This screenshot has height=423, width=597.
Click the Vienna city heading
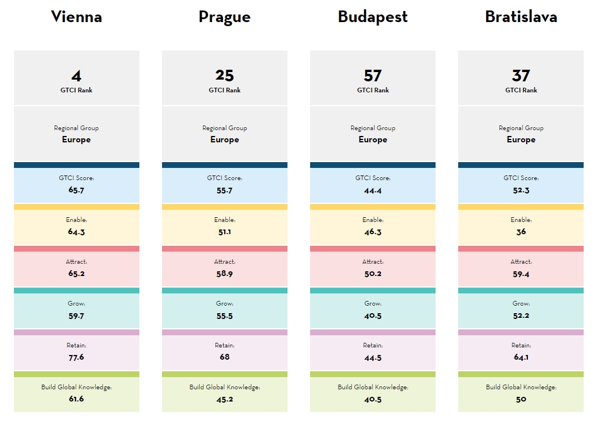(x=77, y=17)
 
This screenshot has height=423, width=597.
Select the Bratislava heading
(x=521, y=17)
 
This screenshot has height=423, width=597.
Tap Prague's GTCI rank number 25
(x=225, y=76)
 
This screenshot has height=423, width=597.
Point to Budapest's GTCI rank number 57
(x=373, y=76)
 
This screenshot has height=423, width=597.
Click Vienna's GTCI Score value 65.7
(x=77, y=190)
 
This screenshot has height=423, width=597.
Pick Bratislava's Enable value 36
(x=521, y=232)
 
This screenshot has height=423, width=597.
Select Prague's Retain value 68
(x=225, y=357)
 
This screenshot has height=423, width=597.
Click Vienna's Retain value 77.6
(x=77, y=357)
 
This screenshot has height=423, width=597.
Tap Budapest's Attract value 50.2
(x=373, y=274)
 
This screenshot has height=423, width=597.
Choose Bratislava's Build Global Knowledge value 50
(x=521, y=399)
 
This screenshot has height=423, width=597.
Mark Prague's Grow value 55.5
(x=225, y=316)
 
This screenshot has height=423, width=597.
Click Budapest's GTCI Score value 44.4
(x=373, y=190)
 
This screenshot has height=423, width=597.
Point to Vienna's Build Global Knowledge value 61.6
(x=77, y=399)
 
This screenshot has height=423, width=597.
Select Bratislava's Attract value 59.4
(x=521, y=274)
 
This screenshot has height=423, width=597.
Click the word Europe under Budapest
(x=373, y=139)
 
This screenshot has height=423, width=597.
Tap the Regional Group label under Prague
(x=225, y=128)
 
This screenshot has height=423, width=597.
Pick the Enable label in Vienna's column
(x=77, y=220)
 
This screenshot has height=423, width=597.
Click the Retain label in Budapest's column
(x=373, y=345)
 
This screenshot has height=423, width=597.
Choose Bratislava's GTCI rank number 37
(x=521, y=76)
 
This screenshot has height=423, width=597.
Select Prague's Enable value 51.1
(x=225, y=232)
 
